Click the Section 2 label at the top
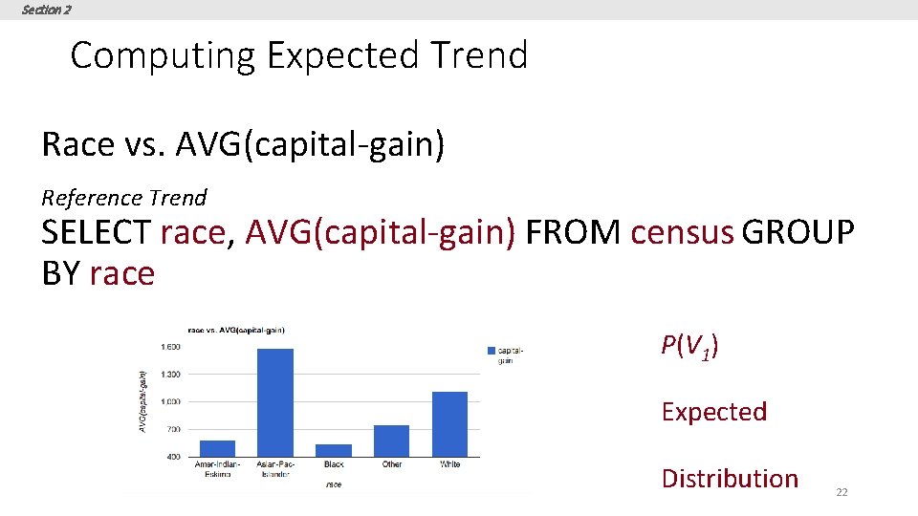click(x=46, y=10)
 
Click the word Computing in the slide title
click(x=163, y=55)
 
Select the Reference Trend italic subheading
click(x=123, y=198)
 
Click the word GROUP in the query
click(x=798, y=232)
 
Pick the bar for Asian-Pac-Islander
click(x=275, y=402)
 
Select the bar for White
click(x=449, y=424)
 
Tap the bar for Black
click(x=334, y=450)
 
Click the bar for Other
click(x=391, y=441)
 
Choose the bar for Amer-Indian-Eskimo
click(x=217, y=448)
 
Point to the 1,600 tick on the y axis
click(x=169, y=347)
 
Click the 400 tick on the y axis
click(x=174, y=457)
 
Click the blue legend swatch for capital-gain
click(x=491, y=351)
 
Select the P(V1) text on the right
click(x=689, y=346)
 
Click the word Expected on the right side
click(x=713, y=412)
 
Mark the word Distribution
click(x=729, y=479)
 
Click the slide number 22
click(x=841, y=491)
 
